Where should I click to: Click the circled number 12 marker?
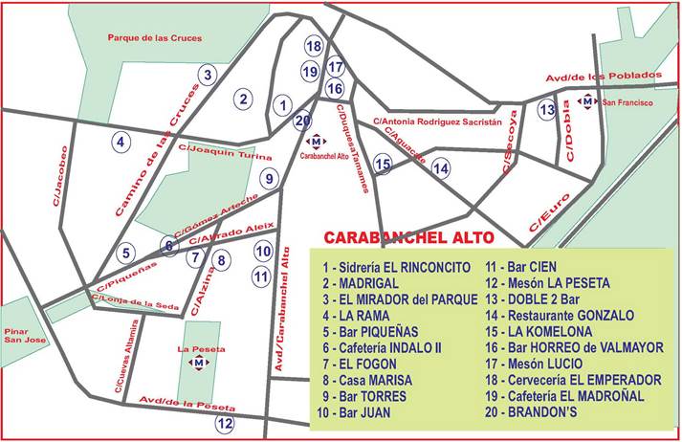pos(225,423)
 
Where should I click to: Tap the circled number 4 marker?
pos(121,143)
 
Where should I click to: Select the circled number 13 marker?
pos(546,110)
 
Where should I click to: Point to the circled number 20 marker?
pos(303,121)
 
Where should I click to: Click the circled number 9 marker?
pos(270,177)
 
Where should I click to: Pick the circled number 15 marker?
pos(383,165)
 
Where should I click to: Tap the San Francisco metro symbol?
pos(586,100)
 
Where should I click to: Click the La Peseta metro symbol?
pos(198,363)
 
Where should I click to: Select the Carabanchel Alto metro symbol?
pos(318,142)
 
